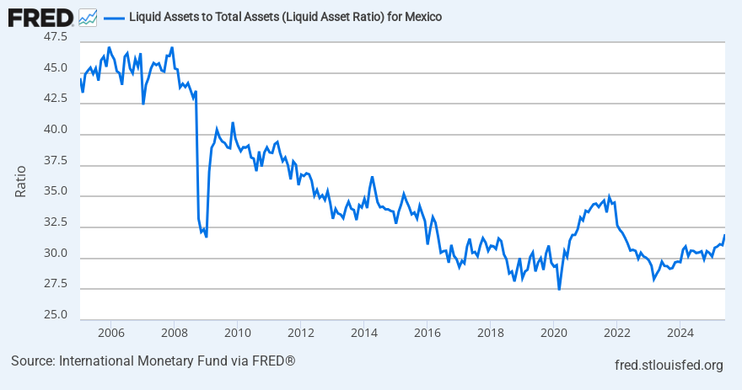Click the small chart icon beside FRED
tap(87, 16)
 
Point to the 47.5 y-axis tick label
tap(56, 37)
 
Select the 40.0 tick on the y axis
tap(56, 130)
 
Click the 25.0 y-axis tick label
tap(56, 315)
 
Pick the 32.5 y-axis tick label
tap(56, 222)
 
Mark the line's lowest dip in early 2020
tap(559, 289)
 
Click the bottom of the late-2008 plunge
tap(207, 237)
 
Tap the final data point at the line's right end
tap(724, 236)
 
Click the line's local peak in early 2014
tap(372, 178)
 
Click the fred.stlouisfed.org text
tap(669, 365)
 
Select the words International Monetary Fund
tap(140, 361)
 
